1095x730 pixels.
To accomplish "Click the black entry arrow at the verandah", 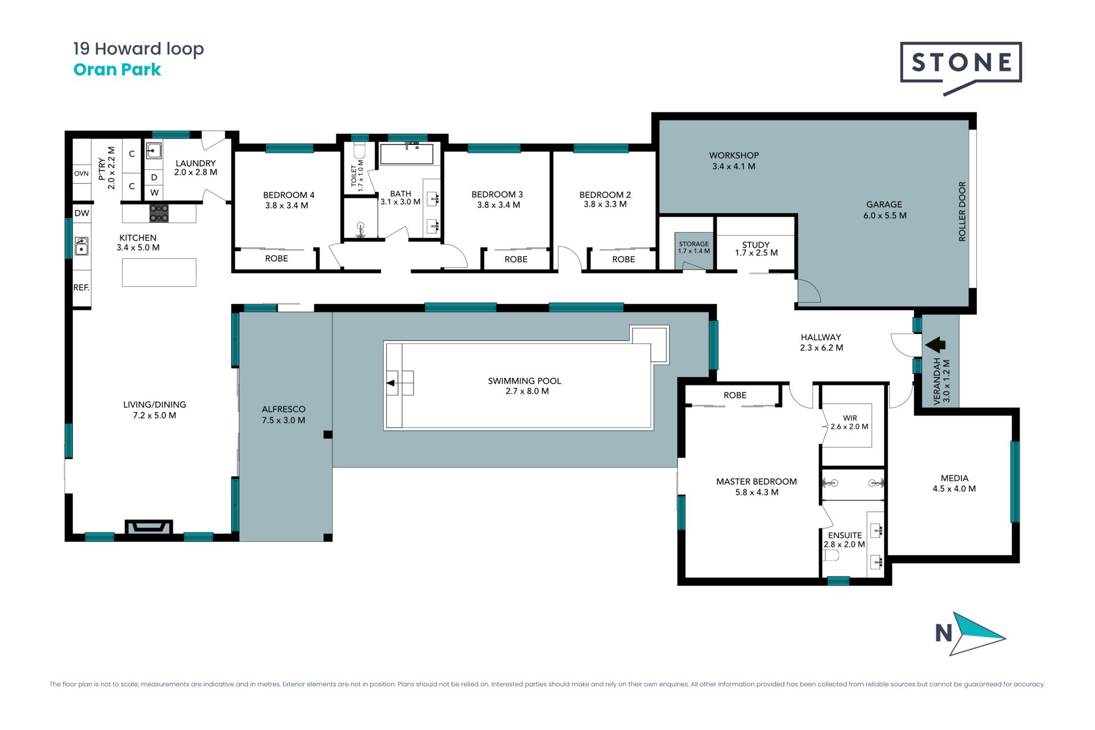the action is pyautogui.click(x=935, y=345).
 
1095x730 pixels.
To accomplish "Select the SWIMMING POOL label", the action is pyautogui.click(x=524, y=381).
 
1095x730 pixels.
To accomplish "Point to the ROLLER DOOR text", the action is pyautogui.click(x=962, y=212).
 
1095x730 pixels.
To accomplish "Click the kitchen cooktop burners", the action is pyautogui.click(x=159, y=213).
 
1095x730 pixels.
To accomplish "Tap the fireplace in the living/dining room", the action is pyautogui.click(x=148, y=528).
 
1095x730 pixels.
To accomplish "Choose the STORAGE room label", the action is pyautogui.click(x=694, y=244).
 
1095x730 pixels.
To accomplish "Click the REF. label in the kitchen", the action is pyautogui.click(x=82, y=287).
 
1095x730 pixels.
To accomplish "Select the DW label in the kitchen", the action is pyautogui.click(x=82, y=213).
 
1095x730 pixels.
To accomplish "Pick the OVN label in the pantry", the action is pyautogui.click(x=82, y=173).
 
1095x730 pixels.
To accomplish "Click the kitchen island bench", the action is pyautogui.click(x=159, y=273).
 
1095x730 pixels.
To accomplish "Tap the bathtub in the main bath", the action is pyautogui.click(x=407, y=154).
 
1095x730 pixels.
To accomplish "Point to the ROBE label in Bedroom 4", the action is pyautogui.click(x=277, y=258).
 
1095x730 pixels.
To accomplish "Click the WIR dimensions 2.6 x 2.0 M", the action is pyautogui.click(x=849, y=427).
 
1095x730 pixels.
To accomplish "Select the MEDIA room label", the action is pyautogui.click(x=955, y=478).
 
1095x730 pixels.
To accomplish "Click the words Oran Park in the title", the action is pyautogui.click(x=117, y=70).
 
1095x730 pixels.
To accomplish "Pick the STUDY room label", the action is pyautogui.click(x=756, y=245).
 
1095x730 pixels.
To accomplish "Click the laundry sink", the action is pyautogui.click(x=154, y=151).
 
